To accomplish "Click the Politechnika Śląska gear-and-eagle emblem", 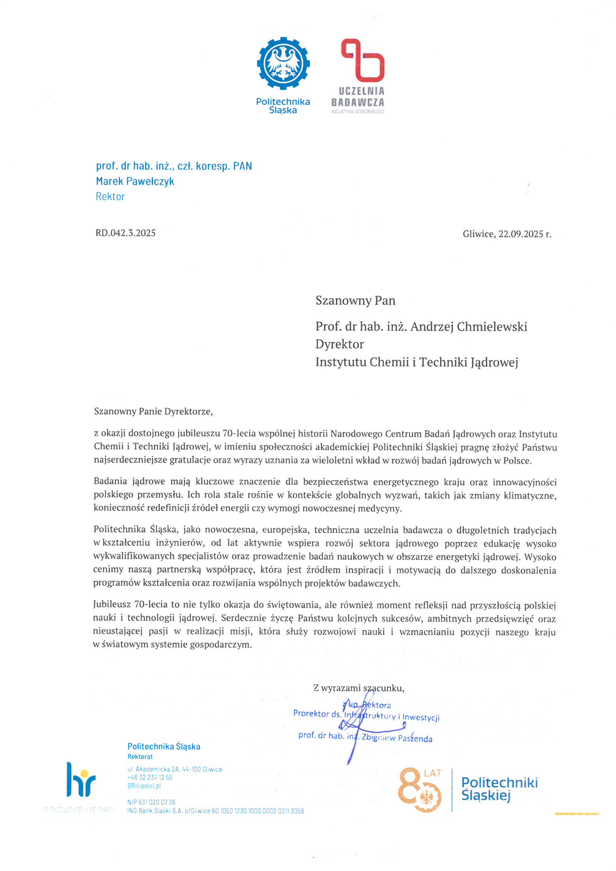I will pyautogui.click(x=283, y=63).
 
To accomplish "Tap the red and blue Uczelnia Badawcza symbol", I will pyautogui.click(x=363, y=61).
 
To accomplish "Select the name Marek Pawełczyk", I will pyautogui.click(x=135, y=181).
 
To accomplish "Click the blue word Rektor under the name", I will pyautogui.click(x=110, y=197).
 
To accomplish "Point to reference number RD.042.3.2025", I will pyautogui.click(x=125, y=233).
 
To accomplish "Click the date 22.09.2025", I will pyautogui.click(x=521, y=234).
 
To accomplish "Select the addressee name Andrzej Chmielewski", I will pyautogui.click(x=468, y=327).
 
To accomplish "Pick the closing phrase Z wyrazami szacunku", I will pyautogui.click(x=359, y=688).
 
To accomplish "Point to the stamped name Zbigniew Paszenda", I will pyautogui.click(x=397, y=738).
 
